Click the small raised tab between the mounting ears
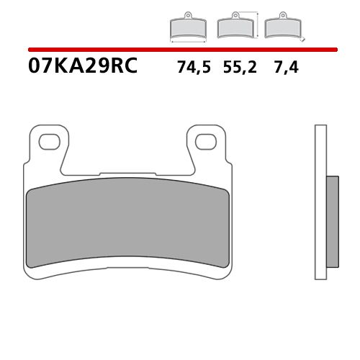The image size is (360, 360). point(129,173)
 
